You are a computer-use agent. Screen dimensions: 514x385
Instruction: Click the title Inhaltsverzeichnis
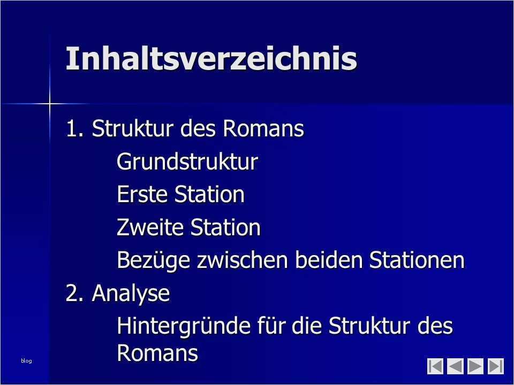coord(211,58)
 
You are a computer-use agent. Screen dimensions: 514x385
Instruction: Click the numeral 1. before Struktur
coord(74,128)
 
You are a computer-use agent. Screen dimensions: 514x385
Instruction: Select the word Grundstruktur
coord(187,161)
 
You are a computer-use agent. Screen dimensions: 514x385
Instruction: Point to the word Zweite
coord(150,227)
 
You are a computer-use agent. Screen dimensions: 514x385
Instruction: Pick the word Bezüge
coord(153,260)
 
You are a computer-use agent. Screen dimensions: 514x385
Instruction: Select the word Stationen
coord(417,260)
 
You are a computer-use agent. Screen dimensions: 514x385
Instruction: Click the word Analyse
coord(131,294)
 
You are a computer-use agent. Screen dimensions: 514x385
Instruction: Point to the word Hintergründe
coord(183,326)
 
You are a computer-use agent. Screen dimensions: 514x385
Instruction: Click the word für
coord(270,326)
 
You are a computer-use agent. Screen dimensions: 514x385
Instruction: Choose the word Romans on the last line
coord(157,352)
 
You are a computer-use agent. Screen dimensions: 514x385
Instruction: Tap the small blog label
coord(26,361)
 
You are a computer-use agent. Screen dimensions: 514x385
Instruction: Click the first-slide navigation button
coord(435,366)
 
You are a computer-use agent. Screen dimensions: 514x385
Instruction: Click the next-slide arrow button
coord(475,366)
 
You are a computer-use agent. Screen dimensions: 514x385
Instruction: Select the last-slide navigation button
coord(496,366)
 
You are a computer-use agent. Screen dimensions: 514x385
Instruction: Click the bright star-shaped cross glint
coord(49,104)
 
